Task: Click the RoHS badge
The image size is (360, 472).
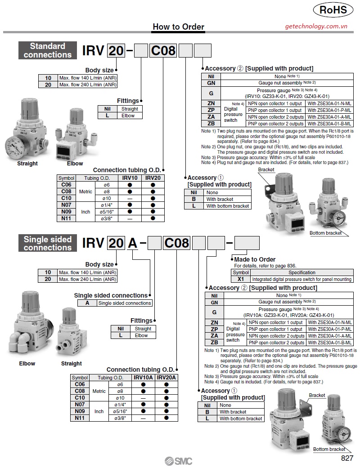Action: click(333, 10)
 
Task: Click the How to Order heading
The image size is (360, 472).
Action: click(178, 27)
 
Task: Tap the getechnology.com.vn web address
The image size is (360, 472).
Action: click(316, 27)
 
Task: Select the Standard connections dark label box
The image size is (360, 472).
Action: click(48, 50)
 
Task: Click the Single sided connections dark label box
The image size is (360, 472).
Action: click(48, 243)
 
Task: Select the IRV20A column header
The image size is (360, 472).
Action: click(166, 378)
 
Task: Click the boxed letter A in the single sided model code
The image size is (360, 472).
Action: click(132, 243)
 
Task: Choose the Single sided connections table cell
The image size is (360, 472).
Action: click(124, 303)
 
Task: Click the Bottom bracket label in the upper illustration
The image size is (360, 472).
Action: click(325, 233)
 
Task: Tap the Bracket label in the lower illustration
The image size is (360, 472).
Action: click(317, 395)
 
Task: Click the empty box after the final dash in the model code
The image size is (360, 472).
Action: click(247, 243)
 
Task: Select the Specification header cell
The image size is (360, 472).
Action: click(301, 272)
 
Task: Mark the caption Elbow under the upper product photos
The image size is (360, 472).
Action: click(75, 164)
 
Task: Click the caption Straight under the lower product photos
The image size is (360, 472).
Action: click(71, 363)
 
